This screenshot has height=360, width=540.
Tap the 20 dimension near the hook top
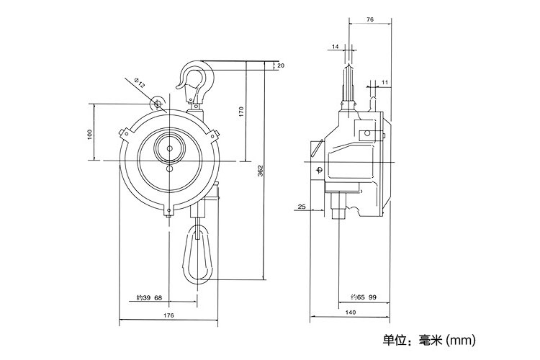(x=280, y=66)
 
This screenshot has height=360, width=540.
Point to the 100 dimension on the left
(x=91, y=134)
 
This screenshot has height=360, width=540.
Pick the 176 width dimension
(x=168, y=315)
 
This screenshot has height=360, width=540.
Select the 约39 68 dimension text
(x=149, y=297)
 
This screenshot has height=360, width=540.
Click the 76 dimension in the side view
(x=369, y=20)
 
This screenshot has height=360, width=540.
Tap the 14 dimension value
(x=336, y=47)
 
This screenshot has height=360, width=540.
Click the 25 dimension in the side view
(x=301, y=207)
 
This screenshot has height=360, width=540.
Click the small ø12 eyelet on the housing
(x=157, y=104)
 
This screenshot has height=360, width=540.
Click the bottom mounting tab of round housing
(x=169, y=212)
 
